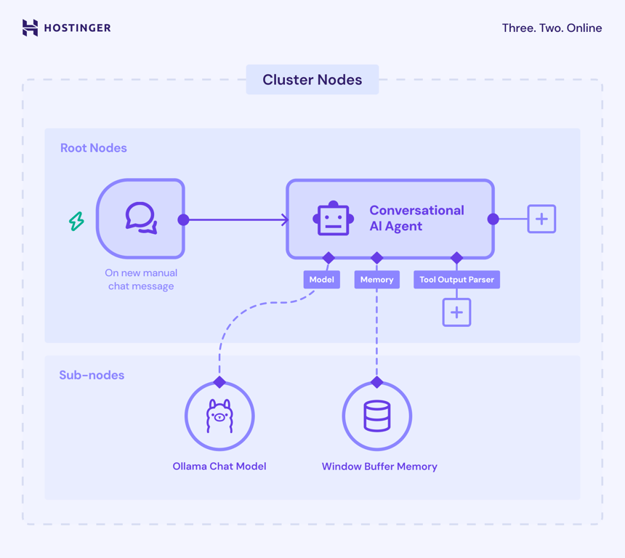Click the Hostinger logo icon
click(x=30, y=28)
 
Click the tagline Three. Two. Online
click(x=552, y=28)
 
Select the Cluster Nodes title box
click(x=312, y=80)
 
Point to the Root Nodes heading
click(x=93, y=147)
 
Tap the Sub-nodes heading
click(x=92, y=375)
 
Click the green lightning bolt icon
click(x=76, y=221)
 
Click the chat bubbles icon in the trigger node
click(x=141, y=218)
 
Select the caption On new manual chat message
click(x=141, y=279)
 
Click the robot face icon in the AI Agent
click(x=333, y=219)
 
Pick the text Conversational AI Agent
click(x=416, y=218)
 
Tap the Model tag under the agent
click(x=321, y=280)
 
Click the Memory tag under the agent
click(x=376, y=280)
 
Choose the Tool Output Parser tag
click(x=456, y=280)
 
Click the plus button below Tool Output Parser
click(x=456, y=312)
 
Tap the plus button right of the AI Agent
click(x=541, y=219)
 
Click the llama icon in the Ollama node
click(x=219, y=416)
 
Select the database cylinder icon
click(x=376, y=416)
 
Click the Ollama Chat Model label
click(x=219, y=466)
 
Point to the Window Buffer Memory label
click(x=379, y=466)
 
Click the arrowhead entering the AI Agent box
click(x=285, y=219)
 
